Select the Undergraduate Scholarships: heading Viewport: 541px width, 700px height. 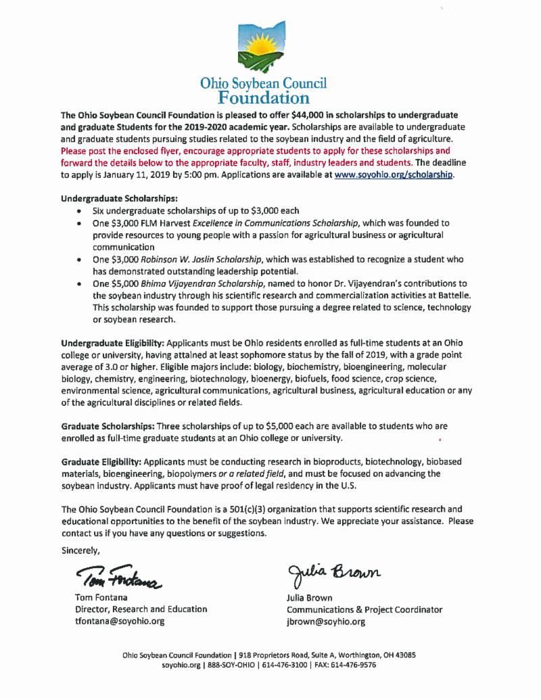(120, 200)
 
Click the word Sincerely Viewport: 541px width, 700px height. (80, 549)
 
